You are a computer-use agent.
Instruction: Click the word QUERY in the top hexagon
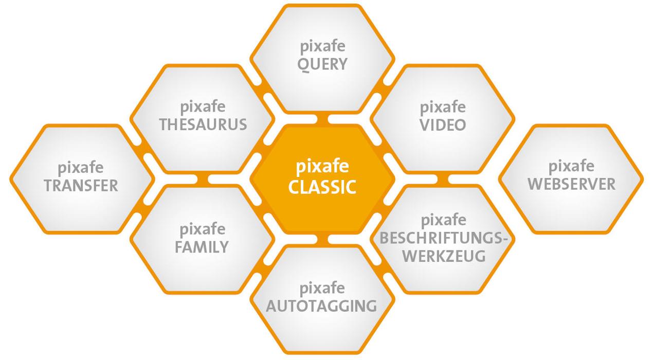[322, 64]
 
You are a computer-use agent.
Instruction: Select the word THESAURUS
[203, 125]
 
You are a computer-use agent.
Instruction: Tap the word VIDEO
[443, 125]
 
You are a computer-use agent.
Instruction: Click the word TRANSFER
[81, 186]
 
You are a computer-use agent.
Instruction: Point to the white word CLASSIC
[322, 187]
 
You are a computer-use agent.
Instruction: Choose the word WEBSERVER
[571, 184]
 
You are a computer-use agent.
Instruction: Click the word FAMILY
[202, 247]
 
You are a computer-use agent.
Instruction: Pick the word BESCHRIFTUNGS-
[443, 239]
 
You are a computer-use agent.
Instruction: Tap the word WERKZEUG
[444, 256]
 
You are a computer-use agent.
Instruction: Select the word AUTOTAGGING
[321, 306]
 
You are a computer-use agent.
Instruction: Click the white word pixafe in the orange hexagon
[322, 167]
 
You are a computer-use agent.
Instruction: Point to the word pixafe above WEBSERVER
[571, 167]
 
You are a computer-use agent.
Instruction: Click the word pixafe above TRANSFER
[81, 168]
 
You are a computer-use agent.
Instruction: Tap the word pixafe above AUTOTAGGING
[322, 289]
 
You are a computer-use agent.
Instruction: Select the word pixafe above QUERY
[323, 47]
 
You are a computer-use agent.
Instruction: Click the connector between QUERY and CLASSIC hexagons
[322, 119]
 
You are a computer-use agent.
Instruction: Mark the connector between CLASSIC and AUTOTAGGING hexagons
[322, 239]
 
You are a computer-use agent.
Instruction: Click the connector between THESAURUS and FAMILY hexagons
[202, 179]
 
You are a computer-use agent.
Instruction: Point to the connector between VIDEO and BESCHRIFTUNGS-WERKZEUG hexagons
[443, 179]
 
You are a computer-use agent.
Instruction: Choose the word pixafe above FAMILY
[203, 230]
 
